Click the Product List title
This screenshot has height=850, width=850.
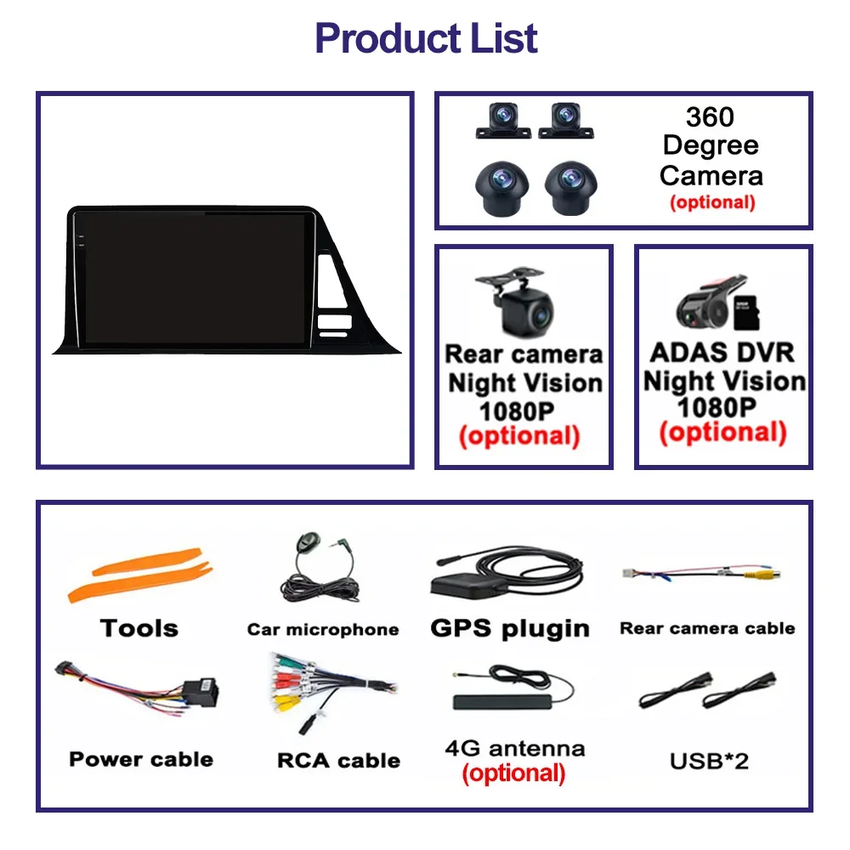(x=426, y=38)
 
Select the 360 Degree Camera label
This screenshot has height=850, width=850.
(x=711, y=146)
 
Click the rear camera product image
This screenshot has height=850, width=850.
(x=519, y=306)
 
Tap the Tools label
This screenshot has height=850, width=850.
(x=139, y=628)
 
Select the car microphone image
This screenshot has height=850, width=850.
(x=319, y=571)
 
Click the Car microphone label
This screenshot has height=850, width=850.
(x=323, y=630)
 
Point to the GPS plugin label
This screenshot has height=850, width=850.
(x=510, y=628)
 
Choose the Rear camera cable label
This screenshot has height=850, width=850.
(x=707, y=628)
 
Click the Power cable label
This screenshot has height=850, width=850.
(x=141, y=759)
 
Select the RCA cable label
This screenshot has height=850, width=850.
(x=338, y=760)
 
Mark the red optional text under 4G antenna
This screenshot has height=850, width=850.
(x=513, y=773)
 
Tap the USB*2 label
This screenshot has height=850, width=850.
(x=709, y=760)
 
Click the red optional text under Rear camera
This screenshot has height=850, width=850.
(x=518, y=436)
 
